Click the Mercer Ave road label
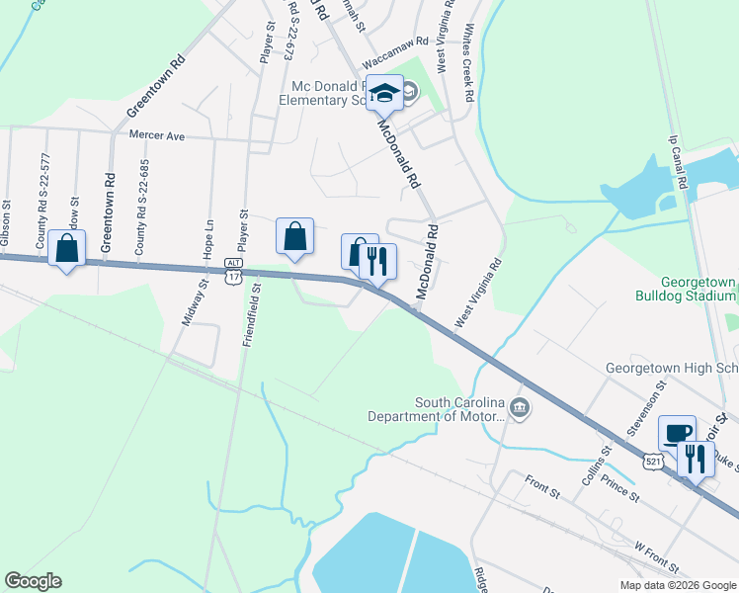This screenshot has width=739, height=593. [157, 135]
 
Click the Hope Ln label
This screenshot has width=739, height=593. [208, 240]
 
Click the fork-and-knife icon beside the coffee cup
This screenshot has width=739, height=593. [697, 458]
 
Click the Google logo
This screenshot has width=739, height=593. [33, 581]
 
